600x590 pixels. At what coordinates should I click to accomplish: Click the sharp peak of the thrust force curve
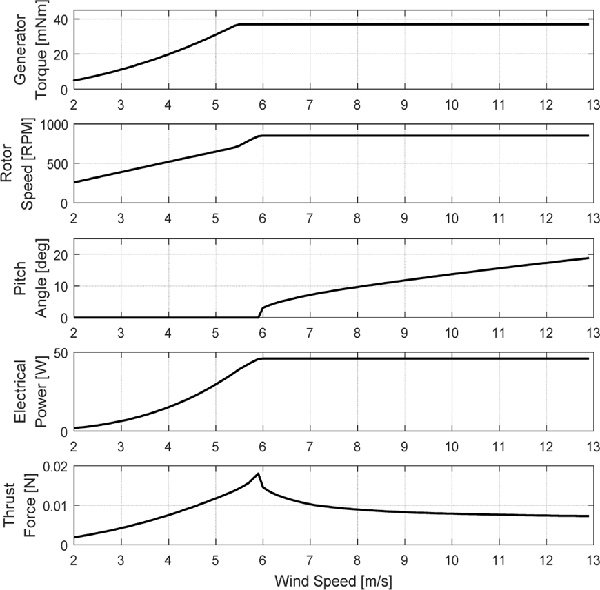tap(258, 474)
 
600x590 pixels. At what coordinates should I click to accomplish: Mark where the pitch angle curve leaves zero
tap(258, 317)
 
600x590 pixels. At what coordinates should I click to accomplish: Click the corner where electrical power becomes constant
tap(259, 358)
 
